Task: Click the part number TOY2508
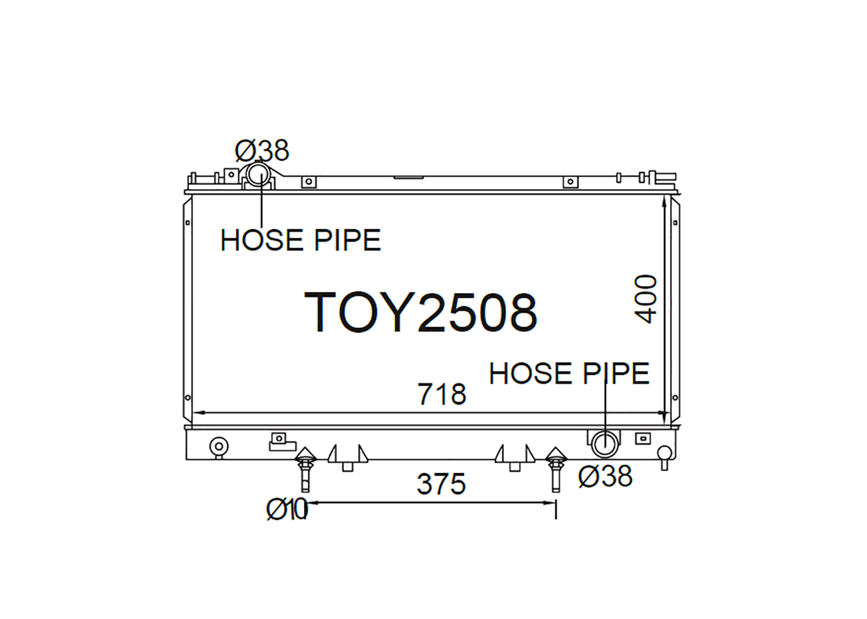[x=421, y=313]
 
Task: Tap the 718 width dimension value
[x=442, y=394]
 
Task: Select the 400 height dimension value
[x=646, y=299]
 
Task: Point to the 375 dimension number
[x=441, y=484]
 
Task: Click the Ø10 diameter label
[x=287, y=509]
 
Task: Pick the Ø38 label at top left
[x=262, y=151]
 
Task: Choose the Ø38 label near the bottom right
[x=605, y=476]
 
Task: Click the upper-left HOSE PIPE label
[x=301, y=240]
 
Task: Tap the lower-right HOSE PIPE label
[x=569, y=373]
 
